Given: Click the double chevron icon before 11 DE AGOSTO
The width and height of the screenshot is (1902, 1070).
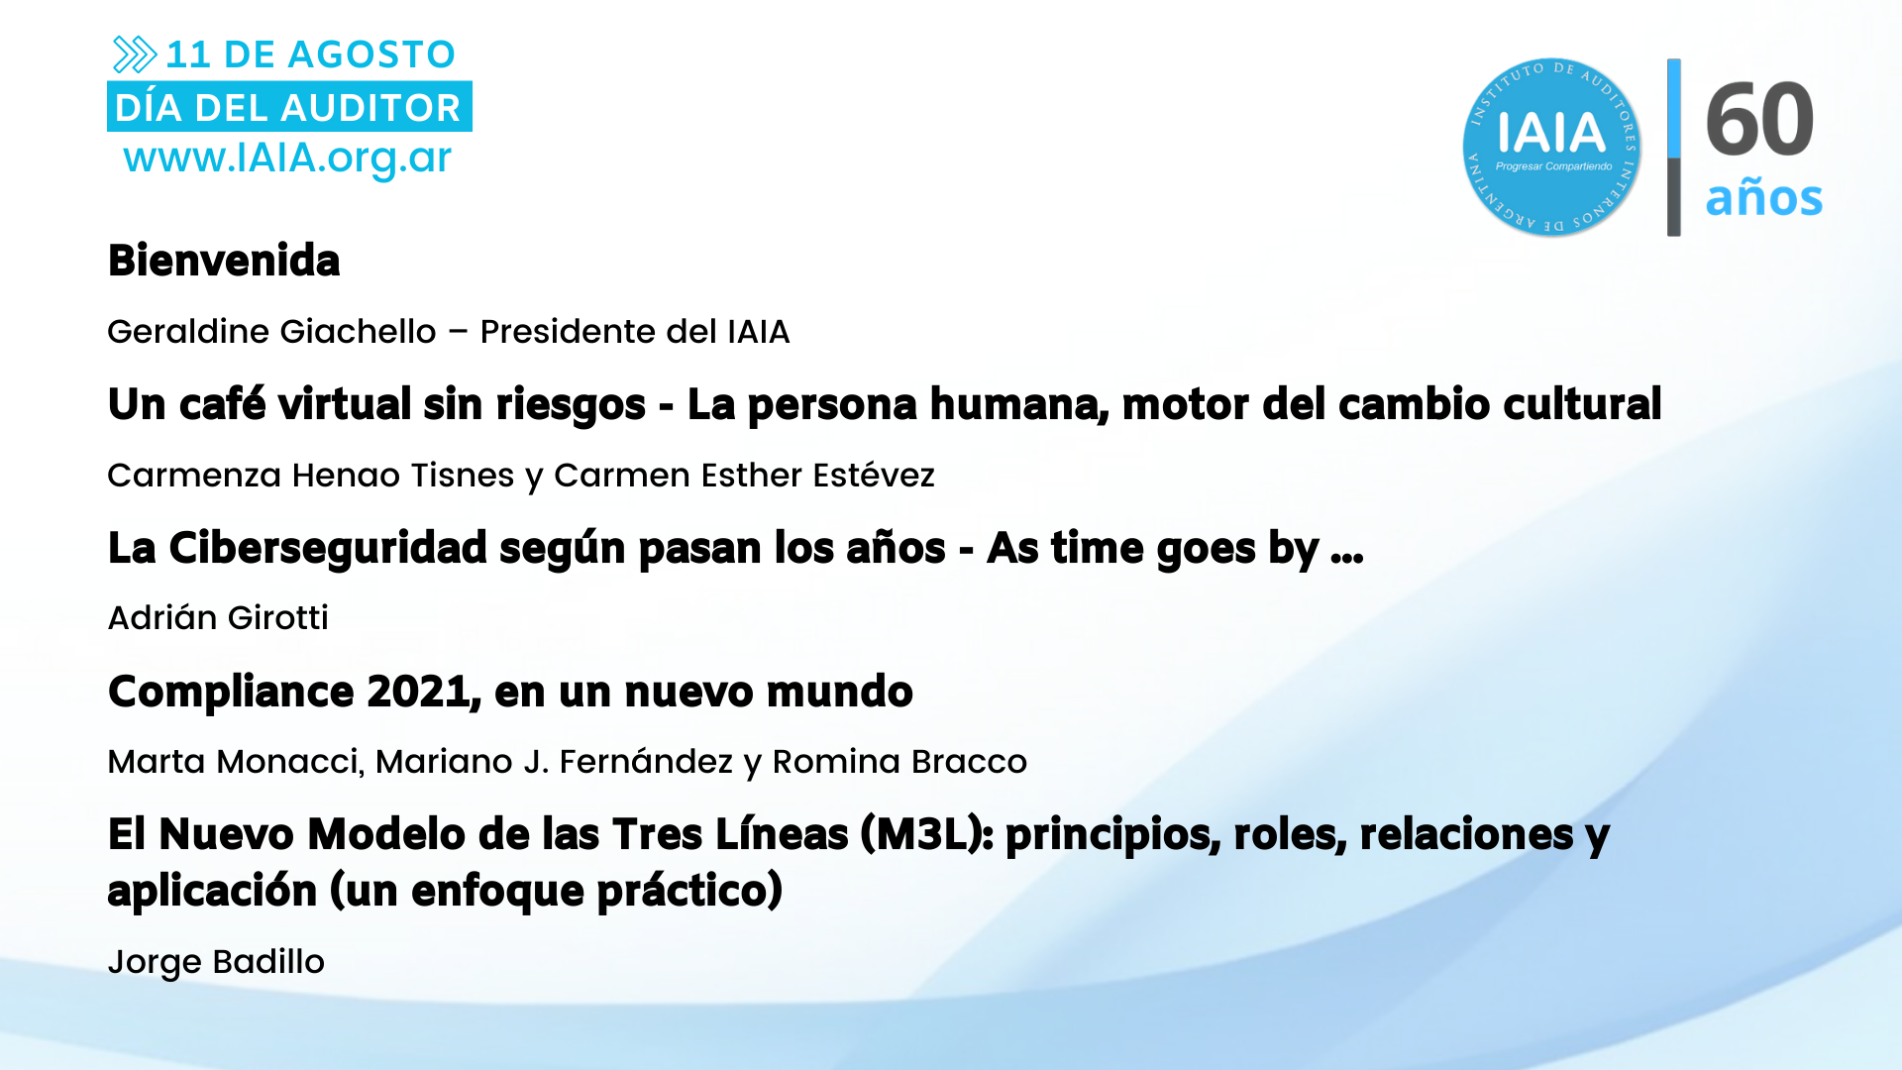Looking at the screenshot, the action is [135, 54].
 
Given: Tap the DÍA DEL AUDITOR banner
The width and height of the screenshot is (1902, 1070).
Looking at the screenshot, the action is [289, 107].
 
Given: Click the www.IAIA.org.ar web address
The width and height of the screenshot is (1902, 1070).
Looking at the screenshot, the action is [287, 159].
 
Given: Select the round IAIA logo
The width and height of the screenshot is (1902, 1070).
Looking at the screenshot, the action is [1551, 147].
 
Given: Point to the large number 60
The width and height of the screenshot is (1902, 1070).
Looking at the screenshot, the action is [1759, 119].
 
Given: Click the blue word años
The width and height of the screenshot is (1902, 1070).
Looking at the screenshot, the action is [1763, 197].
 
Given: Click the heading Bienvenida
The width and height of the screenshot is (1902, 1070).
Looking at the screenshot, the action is [224, 261].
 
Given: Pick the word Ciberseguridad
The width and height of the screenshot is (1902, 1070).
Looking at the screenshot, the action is [328, 548].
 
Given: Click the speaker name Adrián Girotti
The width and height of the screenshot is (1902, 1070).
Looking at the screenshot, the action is [218, 617].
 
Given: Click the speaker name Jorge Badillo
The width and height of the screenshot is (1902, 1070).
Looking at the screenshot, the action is [216, 962].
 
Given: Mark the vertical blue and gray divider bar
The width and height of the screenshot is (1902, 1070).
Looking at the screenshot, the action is [1674, 147].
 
